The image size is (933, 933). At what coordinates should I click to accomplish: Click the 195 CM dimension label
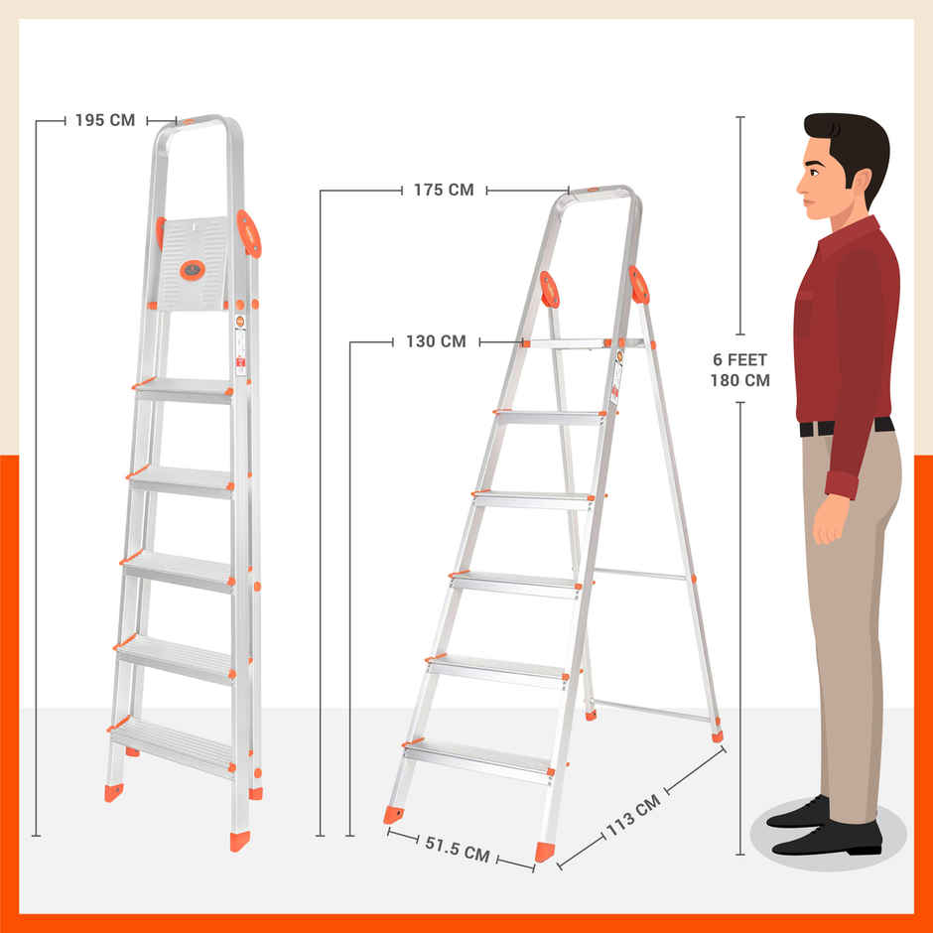pyautogui.click(x=104, y=121)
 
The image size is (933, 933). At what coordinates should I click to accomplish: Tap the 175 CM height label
pyautogui.click(x=444, y=190)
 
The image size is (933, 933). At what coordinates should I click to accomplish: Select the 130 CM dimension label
pyautogui.click(x=436, y=342)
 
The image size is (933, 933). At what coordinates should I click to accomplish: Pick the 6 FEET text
pyautogui.click(x=740, y=360)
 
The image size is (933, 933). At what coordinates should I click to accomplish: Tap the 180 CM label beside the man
pyautogui.click(x=740, y=380)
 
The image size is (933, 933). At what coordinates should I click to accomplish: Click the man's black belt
pyautogui.click(x=846, y=428)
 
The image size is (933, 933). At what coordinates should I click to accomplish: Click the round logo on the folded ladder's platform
pyautogui.click(x=193, y=268)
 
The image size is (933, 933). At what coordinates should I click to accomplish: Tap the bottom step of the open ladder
pyautogui.click(x=478, y=759)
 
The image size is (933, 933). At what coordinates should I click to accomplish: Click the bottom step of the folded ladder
pyautogui.click(x=173, y=742)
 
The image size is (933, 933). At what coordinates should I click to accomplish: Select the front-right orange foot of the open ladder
pyautogui.click(x=545, y=852)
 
